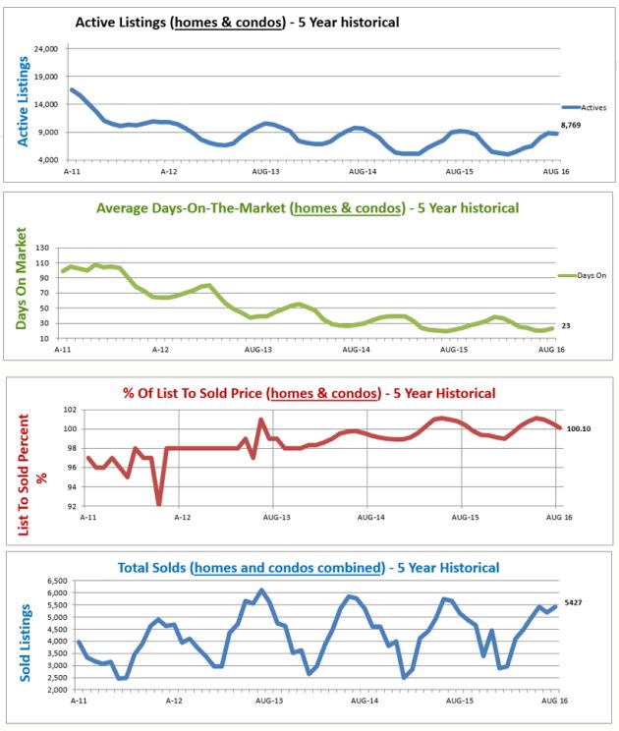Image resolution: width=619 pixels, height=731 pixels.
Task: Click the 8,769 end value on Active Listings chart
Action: [x=573, y=125]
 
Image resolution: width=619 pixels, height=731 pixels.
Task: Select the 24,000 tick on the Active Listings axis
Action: [x=44, y=49]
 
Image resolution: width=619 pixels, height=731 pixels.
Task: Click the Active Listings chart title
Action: [x=237, y=21]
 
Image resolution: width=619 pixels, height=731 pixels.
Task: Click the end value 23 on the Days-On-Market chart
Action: [x=566, y=325]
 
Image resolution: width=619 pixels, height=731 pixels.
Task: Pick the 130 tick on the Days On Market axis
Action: [x=45, y=248]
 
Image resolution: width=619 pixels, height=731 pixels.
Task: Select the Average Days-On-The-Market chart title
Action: [x=307, y=208]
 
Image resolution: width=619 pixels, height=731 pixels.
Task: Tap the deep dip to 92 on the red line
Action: [x=159, y=503]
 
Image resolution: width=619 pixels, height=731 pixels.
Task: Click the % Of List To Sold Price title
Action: [x=309, y=393]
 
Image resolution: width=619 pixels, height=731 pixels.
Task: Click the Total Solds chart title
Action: [x=308, y=567]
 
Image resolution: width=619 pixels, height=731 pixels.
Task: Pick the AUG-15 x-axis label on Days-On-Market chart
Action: [x=455, y=349]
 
